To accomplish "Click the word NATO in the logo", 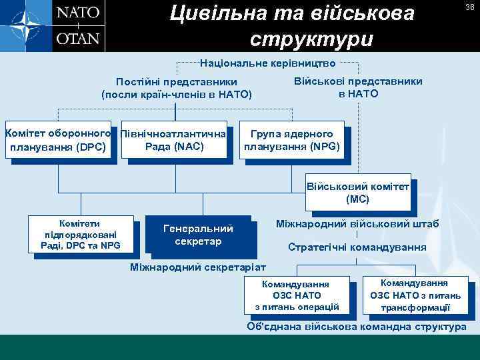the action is (78, 13).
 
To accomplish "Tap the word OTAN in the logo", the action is (78, 38).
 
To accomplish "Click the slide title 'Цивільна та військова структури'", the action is (292, 25).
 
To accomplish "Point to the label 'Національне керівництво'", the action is (269, 65).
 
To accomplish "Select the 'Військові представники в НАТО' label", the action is (358, 87).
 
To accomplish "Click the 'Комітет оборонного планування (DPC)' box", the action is (58, 140).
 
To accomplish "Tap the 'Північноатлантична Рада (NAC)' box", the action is (174, 140).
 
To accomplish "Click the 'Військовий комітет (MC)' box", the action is (357, 193).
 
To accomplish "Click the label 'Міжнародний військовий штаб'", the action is (357, 224).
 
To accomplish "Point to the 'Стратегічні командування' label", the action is (357, 247).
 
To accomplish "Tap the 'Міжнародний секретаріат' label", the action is (198, 267).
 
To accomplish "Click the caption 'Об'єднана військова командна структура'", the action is (357, 327).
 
